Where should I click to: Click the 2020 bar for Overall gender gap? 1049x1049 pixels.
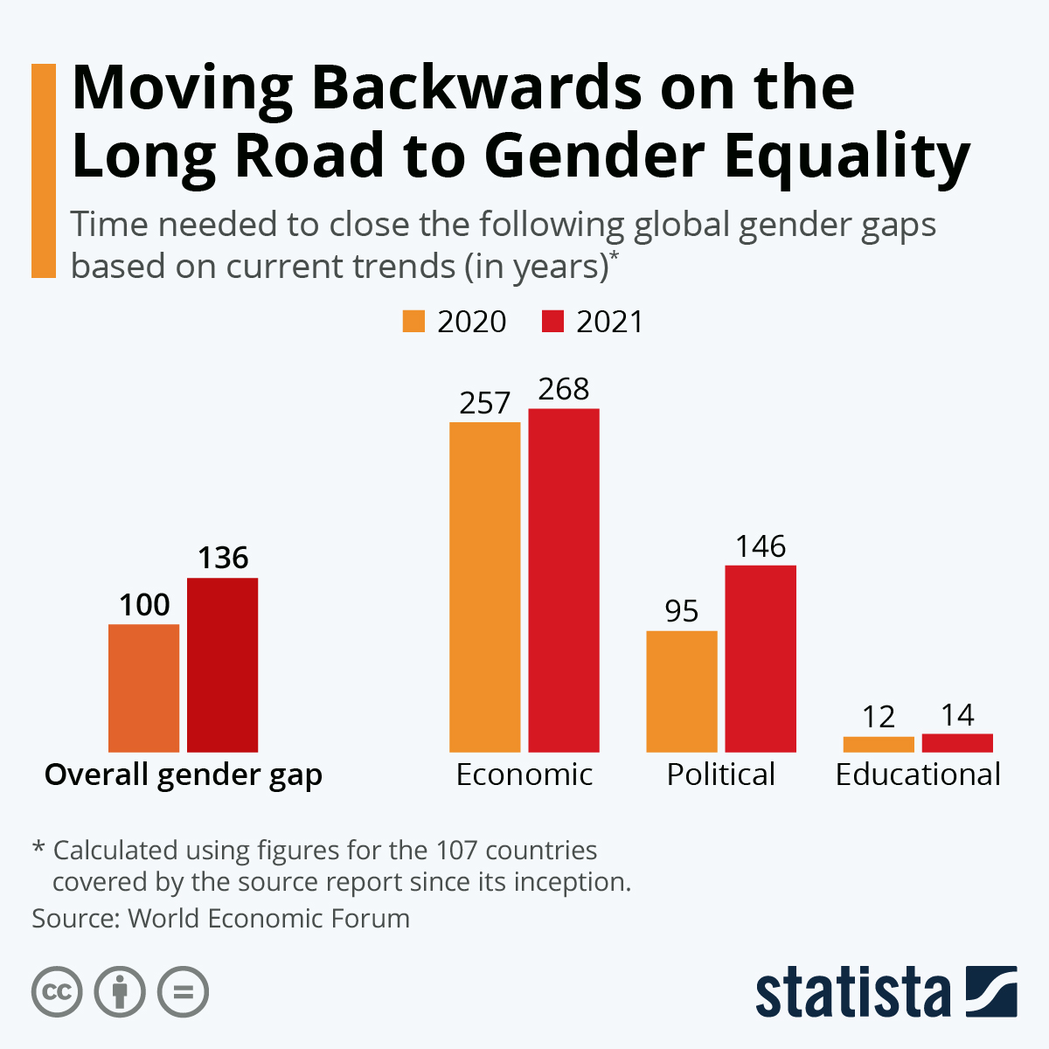pyautogui.click(x=143, y=688)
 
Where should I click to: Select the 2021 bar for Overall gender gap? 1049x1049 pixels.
pyautogui.click(x=223, y=665)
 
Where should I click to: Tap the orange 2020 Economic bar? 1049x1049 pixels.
pyautogui.click(x=484, y=587)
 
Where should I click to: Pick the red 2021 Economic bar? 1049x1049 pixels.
pyautogui.click(x=564, y=580)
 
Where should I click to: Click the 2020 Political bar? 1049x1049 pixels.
pyautogui.click(x=682, y=691)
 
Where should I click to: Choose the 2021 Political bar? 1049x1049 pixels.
pyautogui.click(x=761, y=659)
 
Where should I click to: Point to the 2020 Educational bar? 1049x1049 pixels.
pyautogui.click(x=879, y=744)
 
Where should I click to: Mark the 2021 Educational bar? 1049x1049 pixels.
pyautogui.click(x=957, y=743)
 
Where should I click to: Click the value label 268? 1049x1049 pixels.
pyautogui.click(x=564, y=389)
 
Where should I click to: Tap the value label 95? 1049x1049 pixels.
pyautogui.click(x=682, y=611)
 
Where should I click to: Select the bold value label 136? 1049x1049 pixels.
pyautogui.click(x=223, y=558)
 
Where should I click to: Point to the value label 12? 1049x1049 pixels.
pyautogui.click(x=879, y=717)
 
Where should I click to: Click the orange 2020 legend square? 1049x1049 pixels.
pyautogui.click(x=413, y=321)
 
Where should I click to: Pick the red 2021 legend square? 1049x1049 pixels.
pyautogui.click(x=553, y=321)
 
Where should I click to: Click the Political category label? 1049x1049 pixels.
pyautogui.click(x=720, y=775)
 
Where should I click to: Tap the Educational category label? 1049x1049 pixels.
pyautogui.click(x=918, y=775)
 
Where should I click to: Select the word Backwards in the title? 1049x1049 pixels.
pyautogui.click(x=477, y=87)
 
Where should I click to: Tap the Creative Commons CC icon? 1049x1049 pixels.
pyautogui.click(x=57, y=992)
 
